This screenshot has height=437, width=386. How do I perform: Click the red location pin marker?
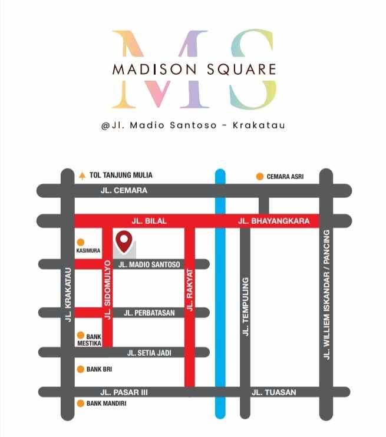[123, 240]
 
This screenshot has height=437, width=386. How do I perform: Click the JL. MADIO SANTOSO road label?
[149, 264]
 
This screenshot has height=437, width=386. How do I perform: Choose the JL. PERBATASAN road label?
[150, 313]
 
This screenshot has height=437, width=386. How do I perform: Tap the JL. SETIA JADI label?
[149, 353]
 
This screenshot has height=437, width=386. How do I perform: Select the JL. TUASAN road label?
[274, 392]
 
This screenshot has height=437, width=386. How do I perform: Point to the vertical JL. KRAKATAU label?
[68, 294]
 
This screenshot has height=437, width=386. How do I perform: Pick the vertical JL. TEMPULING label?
[245, 306]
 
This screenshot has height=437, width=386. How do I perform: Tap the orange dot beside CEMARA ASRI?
[259, 176]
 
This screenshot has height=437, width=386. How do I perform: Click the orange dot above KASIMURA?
[81, 241]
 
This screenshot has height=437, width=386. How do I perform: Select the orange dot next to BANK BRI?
[81, 369]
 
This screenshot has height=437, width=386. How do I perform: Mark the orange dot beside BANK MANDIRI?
[81, 403]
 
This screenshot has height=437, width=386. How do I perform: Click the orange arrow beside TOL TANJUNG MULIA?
[82, 175]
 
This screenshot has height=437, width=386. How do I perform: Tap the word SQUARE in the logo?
[240, 69]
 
